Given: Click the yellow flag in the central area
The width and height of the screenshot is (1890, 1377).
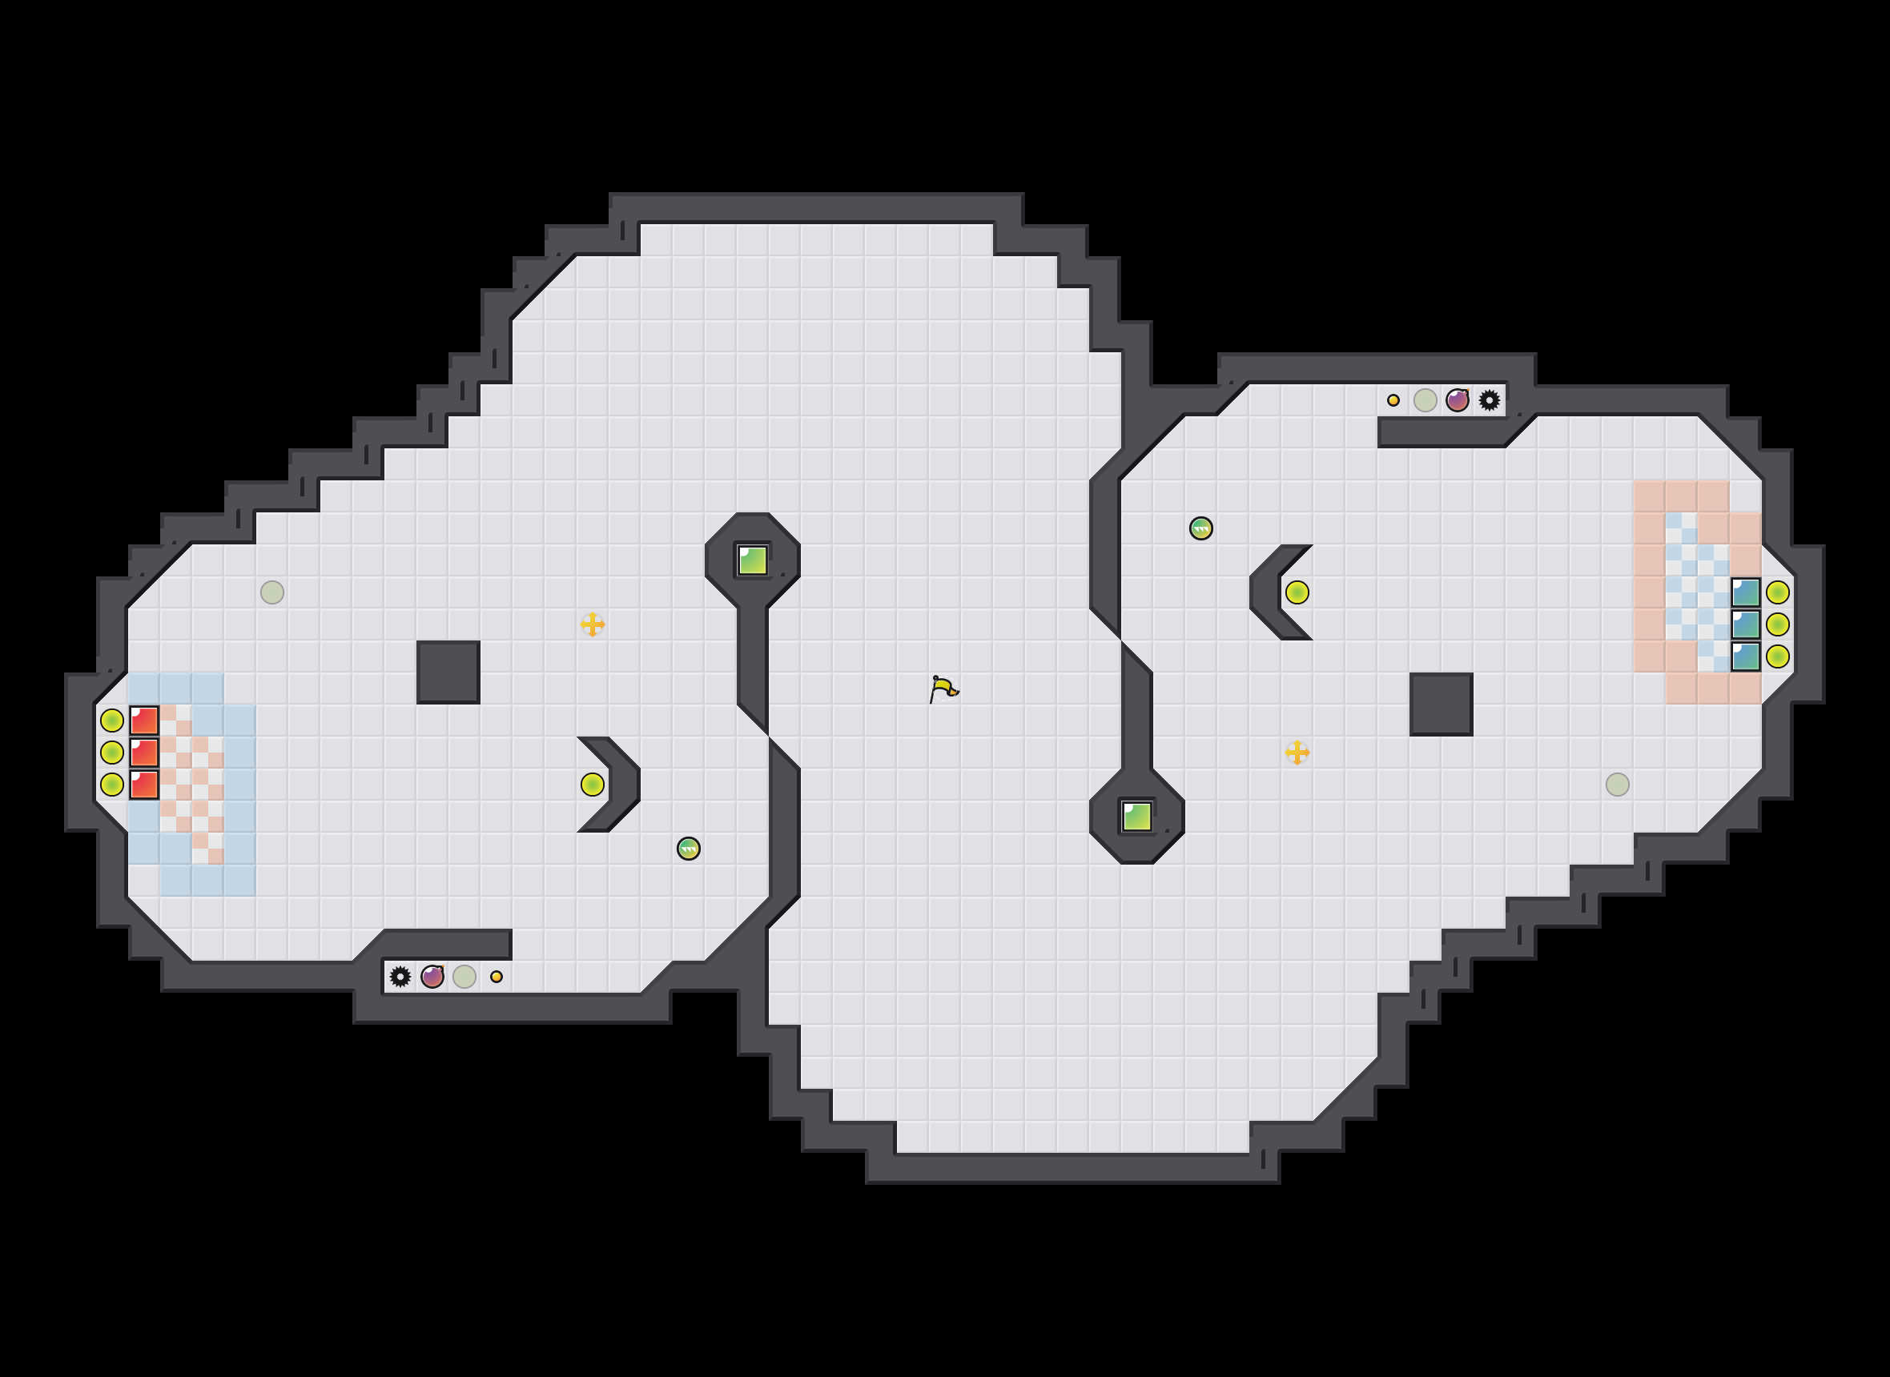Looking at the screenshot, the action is (943, 688).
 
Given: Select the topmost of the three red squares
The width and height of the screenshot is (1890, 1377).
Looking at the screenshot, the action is (144, 721).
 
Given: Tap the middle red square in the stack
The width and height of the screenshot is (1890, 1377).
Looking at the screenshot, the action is (144, 753).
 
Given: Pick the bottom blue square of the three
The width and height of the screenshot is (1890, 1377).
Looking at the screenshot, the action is (1746, 656).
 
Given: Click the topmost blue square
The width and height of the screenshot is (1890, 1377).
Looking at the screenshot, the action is (1746, 592).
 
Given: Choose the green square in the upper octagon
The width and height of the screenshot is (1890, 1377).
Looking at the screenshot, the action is (753, 560).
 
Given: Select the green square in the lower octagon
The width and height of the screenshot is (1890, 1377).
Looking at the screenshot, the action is (1137, 816).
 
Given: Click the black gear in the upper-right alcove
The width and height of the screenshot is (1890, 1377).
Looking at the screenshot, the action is (1489, 400).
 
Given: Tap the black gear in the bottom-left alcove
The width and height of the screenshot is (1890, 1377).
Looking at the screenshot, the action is (400, 976).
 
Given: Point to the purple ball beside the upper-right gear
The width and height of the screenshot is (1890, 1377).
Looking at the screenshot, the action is (1458, 400).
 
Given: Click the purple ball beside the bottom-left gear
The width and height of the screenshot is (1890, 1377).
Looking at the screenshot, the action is (432, 976).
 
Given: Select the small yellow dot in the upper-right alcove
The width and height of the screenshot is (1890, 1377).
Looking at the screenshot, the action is (1393, 400).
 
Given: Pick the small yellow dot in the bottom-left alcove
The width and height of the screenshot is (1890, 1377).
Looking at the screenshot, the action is (496, 976).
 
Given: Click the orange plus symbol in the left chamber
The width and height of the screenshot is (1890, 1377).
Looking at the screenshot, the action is (592, 624).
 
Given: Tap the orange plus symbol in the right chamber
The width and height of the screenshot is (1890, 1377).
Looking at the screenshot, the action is (1297, 753).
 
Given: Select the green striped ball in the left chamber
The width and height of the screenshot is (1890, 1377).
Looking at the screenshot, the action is (689, 849).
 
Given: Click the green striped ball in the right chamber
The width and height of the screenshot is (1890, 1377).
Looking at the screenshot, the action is (1200, 528).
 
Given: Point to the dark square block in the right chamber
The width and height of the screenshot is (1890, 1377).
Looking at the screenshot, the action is (1442, 705).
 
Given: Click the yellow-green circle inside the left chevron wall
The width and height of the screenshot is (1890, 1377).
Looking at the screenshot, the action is (592, 785).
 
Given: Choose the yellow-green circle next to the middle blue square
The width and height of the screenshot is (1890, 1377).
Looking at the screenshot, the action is (1777, 624).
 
